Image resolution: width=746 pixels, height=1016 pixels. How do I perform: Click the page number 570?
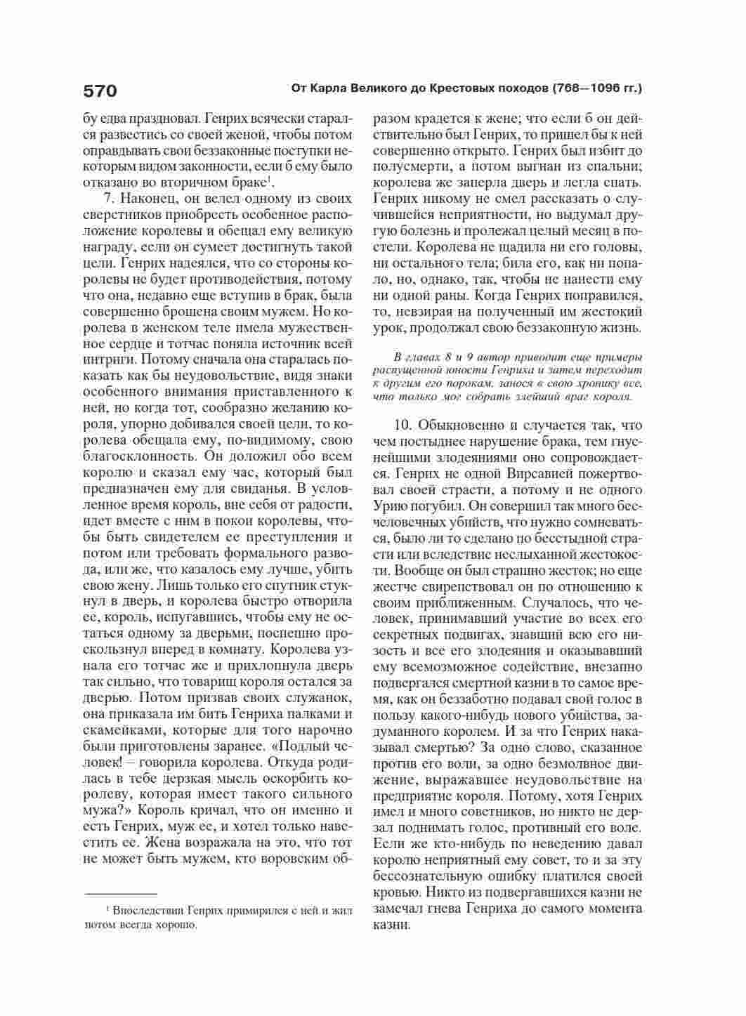(100, 91)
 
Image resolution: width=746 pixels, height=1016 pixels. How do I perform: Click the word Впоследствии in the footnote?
(146, 911)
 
